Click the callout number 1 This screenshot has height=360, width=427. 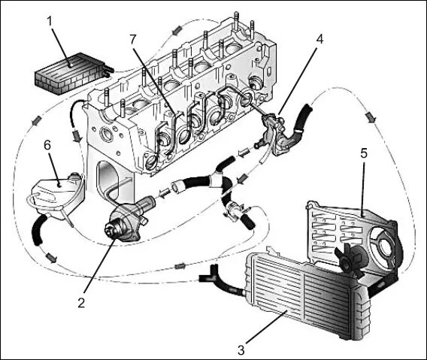pyautogui.click(x=50, y=22)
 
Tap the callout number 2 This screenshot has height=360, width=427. pyautogui.click(x=81, y=303)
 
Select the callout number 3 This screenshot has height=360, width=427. pyautogui.click(x=241, y=350)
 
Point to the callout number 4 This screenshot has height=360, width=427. pyautogui.click(x=319, y=39)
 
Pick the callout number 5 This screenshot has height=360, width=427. pyautogui.click(x=364, y=153)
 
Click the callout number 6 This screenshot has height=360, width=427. pyautogui.click(x=47, y=145)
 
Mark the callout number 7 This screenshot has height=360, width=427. pyautogui.click(x=132, y=40)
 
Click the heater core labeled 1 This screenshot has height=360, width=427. pyautogui.click(x=73, y=74)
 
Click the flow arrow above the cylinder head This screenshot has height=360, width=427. pyautogui.click(x=177, y=30)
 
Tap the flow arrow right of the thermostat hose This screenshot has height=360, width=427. pyautogui.click(x=371, y=118)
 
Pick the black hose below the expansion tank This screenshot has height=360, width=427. pyautogui.click(x=38, y=229)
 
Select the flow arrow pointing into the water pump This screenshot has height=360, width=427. pyautogui.click(x=164, y=194)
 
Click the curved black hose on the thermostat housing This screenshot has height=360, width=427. pyautogui.click(x=298, y=123)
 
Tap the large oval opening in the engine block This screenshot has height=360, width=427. pyautogui.click(x=108, y=182)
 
